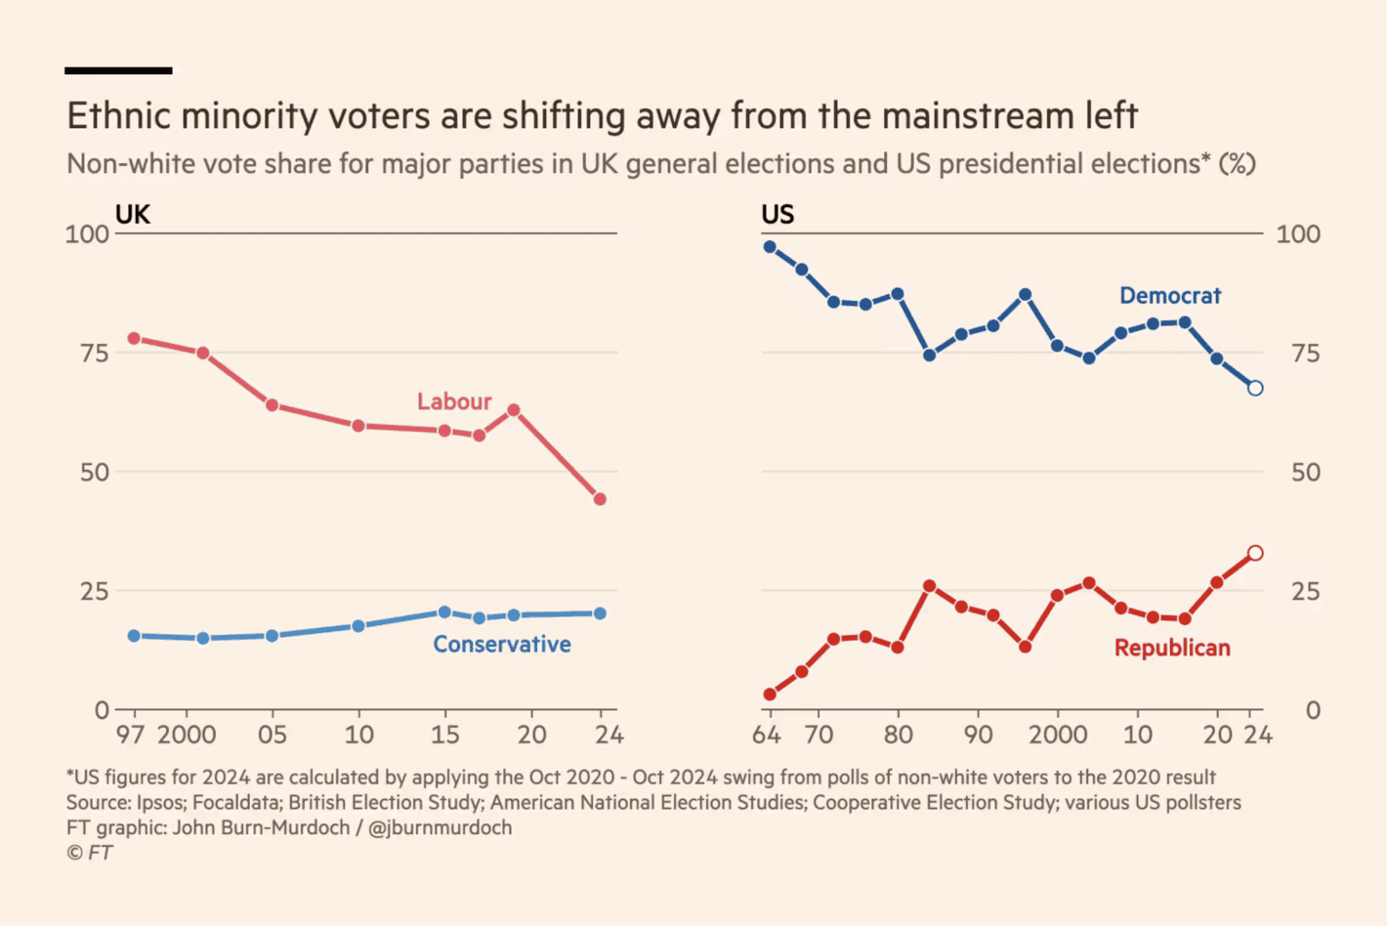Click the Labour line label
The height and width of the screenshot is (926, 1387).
pos(454,401)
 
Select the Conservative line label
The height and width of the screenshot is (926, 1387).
pos(502,645)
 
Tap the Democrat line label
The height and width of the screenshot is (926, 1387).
pos(1170,296)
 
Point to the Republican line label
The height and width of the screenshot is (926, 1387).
pos(1172,648)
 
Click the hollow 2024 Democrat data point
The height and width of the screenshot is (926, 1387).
pos(1256,388)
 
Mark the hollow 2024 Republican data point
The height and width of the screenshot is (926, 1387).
pos(1256,553)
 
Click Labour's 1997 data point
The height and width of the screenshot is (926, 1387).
pos(134,339)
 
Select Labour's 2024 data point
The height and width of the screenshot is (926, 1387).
pos(601,499)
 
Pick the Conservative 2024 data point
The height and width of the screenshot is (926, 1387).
pos(601,613)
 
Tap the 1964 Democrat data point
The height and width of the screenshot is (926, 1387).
pos(770,247)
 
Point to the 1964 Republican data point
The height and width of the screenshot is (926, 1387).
pos(770,694)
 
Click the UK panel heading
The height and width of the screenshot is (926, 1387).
pos(133,215)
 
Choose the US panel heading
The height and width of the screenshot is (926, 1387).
pos(778,215)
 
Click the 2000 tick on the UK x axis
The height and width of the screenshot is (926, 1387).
pos(187,735)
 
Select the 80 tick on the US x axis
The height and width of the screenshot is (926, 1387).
pos(898,735)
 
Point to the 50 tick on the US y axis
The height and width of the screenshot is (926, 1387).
pos(1306,473)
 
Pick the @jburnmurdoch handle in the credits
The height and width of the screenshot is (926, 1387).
pos(440,827)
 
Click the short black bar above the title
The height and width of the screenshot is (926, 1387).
pos(118,70)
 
